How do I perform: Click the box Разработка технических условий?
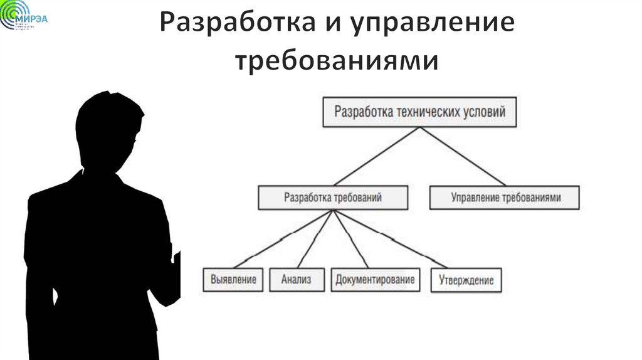click(419, 112)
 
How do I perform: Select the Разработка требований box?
click(333, 198)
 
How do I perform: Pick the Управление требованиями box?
click(505, 198)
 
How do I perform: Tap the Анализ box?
click(297, 279)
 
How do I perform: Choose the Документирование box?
click(376, 279)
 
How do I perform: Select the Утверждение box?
click(466, 280)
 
